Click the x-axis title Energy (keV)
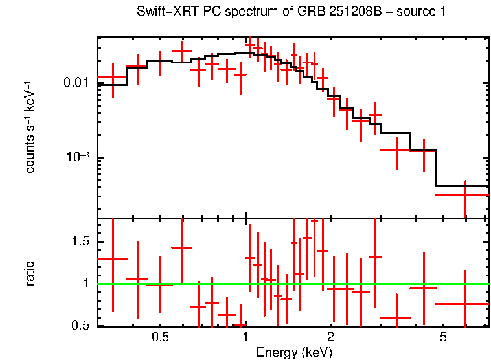pyautogui.click(x=294, y=352)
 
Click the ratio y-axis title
pyautogui.click(x=30, y=273)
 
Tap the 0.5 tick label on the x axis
pyautogui.click(x=160, y=337)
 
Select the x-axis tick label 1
pyautogui.click(x=245, y=337)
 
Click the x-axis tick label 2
pyautogui.click(x=330, y=337)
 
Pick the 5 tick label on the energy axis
pyautogui.click(x=443, y=337)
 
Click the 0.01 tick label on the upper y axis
pyautogui.click(x=76, y=83)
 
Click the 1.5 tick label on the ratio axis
pyautogui.click(x=80, y=242)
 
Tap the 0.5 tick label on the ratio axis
pyautogui.click(x=80, y=326)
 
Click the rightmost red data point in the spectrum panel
pyautogui.click(x=465, y=194)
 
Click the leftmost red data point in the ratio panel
pyautogui.click(x=113, y=259)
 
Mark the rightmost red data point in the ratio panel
pyautogui.click(x=465, y=304)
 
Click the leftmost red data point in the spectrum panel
pyautogui.click(x=113, y=77)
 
